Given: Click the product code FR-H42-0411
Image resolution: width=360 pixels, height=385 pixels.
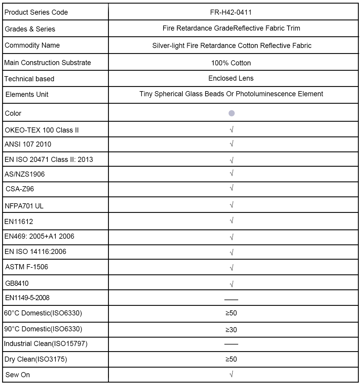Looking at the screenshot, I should tap(231, 12).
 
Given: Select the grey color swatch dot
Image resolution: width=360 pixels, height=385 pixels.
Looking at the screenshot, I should tap(232, 113).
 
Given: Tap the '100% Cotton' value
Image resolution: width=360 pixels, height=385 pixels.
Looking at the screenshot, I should tap(231, 63).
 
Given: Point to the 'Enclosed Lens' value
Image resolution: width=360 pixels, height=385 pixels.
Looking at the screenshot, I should tap(231, 78).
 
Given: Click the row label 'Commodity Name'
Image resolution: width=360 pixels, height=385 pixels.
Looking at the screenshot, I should tap(32, 45).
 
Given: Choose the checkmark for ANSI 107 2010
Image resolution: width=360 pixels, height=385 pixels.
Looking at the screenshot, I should tap(231, 144).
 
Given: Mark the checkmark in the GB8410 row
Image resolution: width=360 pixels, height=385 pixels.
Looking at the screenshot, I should tap(231, 284).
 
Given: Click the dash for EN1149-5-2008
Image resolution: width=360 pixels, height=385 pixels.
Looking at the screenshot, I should tap(231, 300).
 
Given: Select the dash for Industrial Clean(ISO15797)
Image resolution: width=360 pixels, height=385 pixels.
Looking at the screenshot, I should tap(231, 344).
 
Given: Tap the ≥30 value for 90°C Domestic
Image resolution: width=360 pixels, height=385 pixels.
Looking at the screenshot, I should tap(231, 330).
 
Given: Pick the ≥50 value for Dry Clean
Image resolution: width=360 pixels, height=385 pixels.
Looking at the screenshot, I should tap(231, 359).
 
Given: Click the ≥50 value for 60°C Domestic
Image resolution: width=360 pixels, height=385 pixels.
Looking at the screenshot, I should tap(231, 313).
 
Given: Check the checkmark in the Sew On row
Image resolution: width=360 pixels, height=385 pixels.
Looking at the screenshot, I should tap(231, 374).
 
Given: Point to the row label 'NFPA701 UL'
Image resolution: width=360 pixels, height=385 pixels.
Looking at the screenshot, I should tap(24, 206).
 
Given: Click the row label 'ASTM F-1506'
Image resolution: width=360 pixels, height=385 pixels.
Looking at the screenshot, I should tap(27, 267).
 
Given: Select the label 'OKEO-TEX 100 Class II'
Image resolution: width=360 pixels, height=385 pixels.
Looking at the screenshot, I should tap(42, 130).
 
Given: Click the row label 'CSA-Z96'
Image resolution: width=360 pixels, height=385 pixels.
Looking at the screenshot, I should tap(20, 189).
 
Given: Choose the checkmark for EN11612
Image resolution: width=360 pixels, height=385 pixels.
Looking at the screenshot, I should tap(231, 221).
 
